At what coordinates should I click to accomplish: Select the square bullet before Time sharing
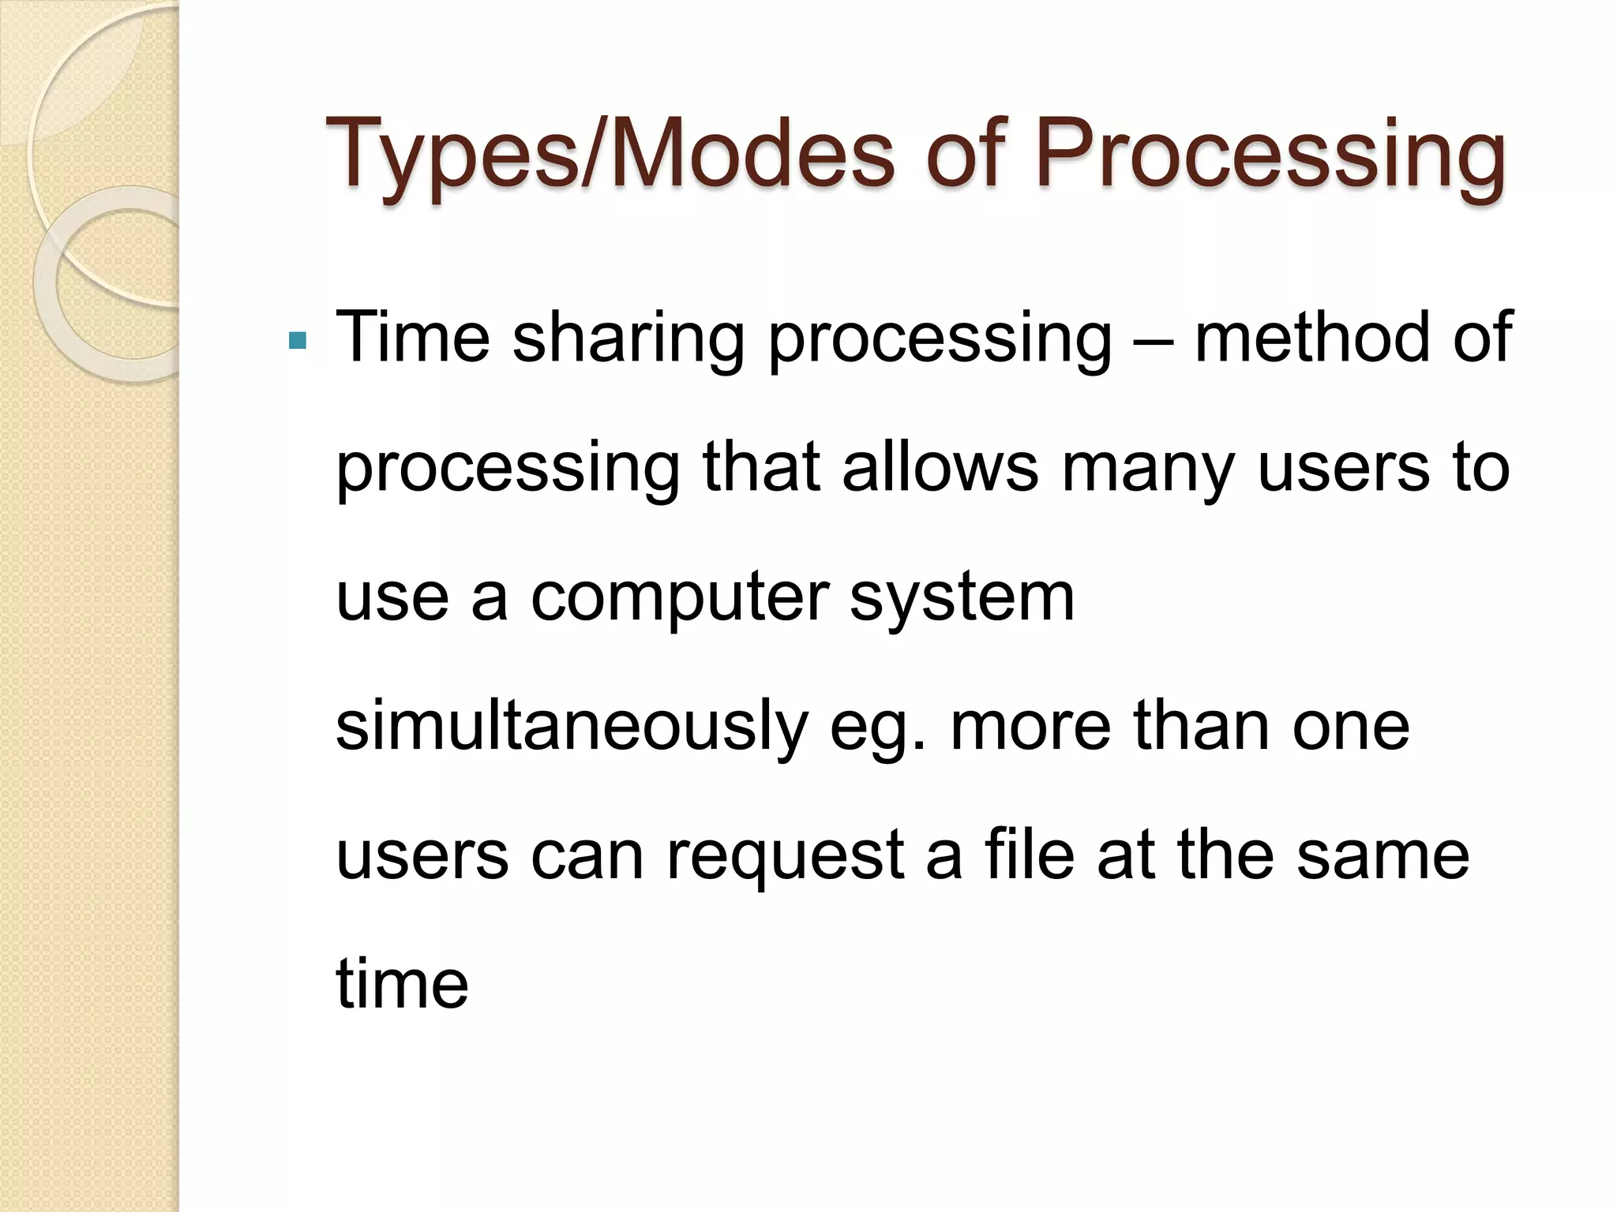pos(298,341)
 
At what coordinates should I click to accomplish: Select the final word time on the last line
pos(402,984)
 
